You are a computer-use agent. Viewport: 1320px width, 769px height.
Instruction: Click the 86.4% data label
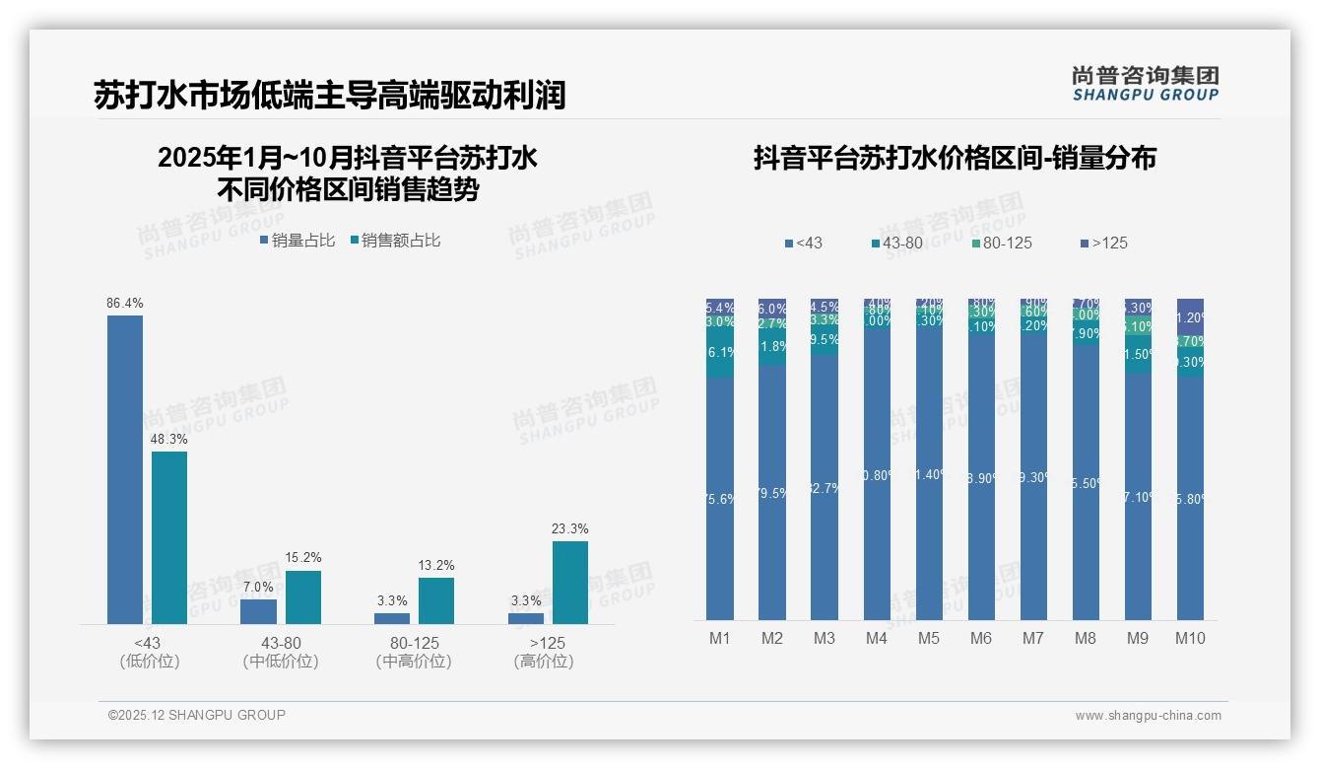[125, 304]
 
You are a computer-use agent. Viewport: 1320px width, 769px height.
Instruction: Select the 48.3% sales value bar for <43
[168, 537]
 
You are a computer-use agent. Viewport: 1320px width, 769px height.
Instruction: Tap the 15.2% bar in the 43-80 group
[302, 597]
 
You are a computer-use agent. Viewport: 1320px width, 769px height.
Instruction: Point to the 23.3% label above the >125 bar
[570, 529]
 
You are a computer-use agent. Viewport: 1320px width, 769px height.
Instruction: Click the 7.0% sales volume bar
[258, 611]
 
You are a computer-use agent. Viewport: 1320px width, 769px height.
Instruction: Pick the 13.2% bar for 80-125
[436, 600]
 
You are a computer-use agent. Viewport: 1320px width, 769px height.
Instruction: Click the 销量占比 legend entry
[297, 241]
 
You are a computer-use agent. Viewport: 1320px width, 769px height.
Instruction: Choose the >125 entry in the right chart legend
[1104, 243]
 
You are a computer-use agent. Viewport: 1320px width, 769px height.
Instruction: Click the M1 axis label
[720, 639]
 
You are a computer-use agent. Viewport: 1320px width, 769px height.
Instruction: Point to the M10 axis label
[1190, 639]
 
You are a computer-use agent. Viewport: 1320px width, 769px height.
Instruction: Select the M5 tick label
[929, 639]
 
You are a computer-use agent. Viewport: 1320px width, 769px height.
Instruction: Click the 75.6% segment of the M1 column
[720, 499]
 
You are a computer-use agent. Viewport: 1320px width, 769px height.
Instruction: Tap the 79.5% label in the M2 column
[772, 493]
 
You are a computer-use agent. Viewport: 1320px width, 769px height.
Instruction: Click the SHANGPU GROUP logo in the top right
[1146, 83]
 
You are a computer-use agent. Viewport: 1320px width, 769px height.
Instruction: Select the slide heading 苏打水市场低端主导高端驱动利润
[329, 95]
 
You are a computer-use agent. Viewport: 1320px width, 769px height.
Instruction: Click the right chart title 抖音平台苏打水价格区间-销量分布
[955, 158]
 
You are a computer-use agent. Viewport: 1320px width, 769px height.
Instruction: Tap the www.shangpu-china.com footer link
[1148, 716]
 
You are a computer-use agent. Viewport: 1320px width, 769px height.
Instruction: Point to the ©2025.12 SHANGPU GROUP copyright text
[197, 715]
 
